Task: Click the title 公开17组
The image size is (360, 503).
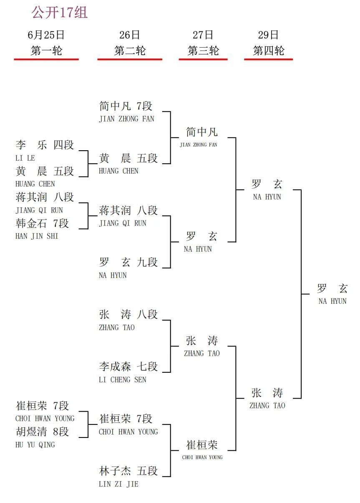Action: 59,12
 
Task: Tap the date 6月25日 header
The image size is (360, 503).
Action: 46,35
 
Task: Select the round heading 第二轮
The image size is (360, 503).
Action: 130,50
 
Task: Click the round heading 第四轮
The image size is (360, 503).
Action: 268,50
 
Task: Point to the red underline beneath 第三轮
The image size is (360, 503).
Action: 203,59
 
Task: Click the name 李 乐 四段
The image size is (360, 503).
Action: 45,144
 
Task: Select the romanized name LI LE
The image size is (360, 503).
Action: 25,158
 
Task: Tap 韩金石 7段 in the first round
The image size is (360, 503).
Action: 42,223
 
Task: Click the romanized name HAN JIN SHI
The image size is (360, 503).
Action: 37,236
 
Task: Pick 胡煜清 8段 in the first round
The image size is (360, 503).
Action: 42,431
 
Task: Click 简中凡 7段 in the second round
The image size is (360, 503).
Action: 126,106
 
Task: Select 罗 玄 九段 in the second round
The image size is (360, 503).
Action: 128,262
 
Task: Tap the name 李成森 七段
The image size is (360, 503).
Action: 128,366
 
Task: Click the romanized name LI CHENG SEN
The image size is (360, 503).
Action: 123,379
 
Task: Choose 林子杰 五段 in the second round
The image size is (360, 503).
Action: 128,470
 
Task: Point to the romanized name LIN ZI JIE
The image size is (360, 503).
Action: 118,484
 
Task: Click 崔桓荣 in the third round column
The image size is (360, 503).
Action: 202,445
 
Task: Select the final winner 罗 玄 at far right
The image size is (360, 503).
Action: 332,288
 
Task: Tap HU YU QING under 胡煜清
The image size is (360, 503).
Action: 35,445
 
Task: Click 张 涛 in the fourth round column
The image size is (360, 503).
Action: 267,392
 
